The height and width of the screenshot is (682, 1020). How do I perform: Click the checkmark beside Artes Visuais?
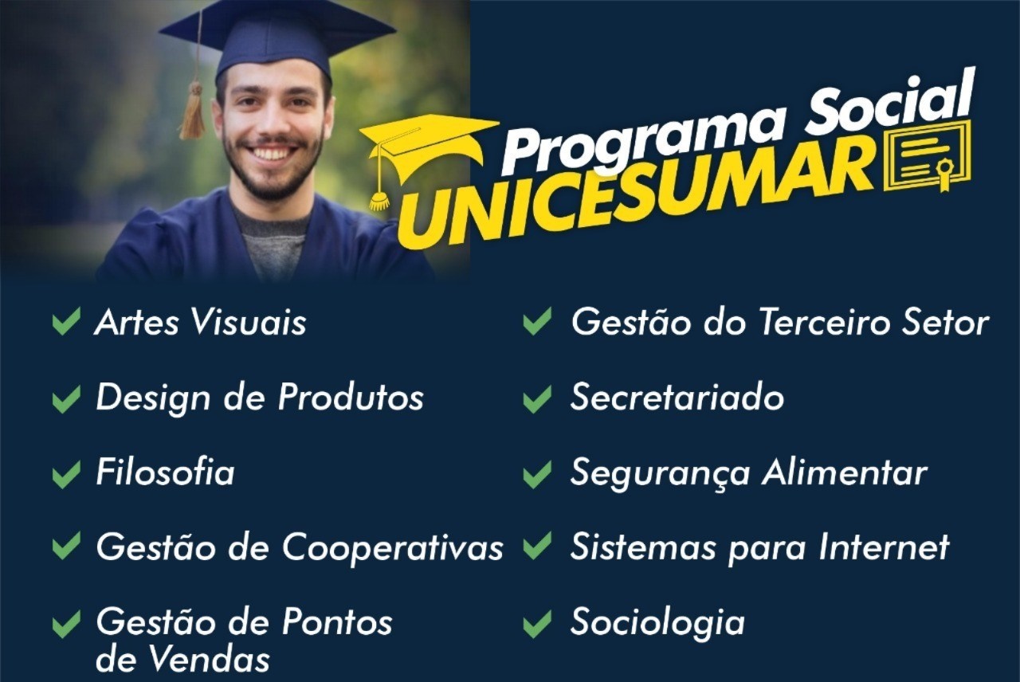coord(66,322)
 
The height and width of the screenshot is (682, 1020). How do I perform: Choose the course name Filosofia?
coord(165,472)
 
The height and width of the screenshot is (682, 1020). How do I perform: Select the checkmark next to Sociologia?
coord(537,623)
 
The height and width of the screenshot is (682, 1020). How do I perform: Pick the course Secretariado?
coord(677,398)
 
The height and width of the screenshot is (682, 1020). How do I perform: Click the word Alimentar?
coord(844,472)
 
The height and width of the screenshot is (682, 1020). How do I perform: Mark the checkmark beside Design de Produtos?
coord(66,398)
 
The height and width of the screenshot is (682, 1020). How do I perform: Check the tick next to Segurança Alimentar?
coord(537,473)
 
